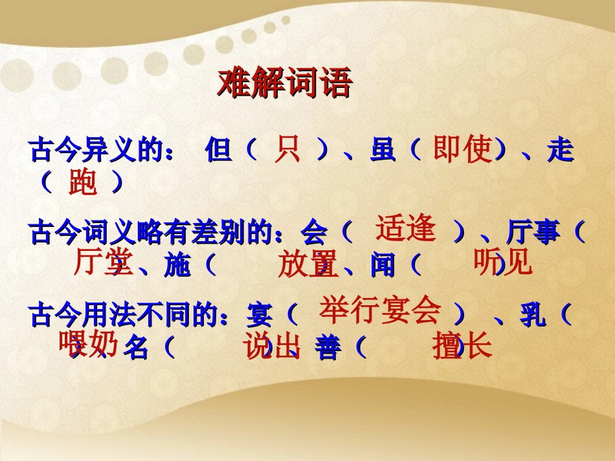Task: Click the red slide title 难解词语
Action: pos(284,83)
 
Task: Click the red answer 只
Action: pos(287,150)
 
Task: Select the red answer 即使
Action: pos(462,150)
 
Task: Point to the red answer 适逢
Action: pos(406,229)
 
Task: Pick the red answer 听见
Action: pos(502,262)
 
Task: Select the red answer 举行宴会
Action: pos(380,310)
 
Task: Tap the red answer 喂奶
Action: pos(89,344)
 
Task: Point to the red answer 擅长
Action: pos(462,347)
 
